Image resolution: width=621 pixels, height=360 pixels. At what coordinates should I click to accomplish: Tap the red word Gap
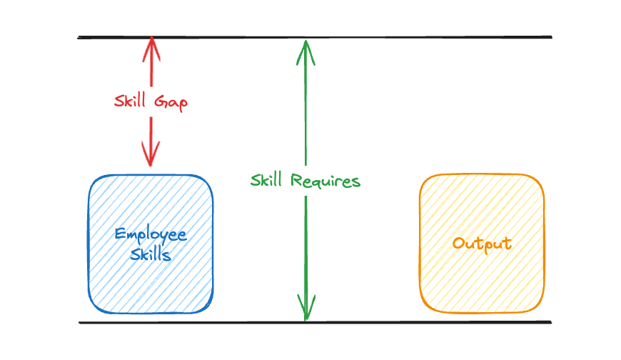[171, 103]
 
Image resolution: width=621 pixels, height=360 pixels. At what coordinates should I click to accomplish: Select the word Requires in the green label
[325, 181]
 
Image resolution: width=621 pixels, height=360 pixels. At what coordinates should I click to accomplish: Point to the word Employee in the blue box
[151, 235]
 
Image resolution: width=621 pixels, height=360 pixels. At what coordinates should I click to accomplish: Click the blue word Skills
[151, 254]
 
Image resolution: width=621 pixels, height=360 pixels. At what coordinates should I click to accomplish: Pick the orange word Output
[482, 244]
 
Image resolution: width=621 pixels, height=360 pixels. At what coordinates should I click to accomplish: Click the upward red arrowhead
[151, 49]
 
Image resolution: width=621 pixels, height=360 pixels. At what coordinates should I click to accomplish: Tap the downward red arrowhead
[151, 154]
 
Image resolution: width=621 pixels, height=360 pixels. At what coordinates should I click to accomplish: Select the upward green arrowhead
[306, 52]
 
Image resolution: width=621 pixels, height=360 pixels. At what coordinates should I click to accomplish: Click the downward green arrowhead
[306, 308]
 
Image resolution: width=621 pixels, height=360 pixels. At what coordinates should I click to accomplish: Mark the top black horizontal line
[315, 37]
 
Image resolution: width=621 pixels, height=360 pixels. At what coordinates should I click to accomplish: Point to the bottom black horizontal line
[315, 322]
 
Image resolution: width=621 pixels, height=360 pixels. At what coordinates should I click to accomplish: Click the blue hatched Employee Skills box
[151, 244]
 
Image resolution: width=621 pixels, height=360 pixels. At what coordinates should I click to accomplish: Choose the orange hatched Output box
[482, 243]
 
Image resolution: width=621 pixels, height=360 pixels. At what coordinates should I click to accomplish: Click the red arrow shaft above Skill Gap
[151, 61]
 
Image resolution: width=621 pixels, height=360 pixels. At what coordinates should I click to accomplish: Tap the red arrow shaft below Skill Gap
[151, 141]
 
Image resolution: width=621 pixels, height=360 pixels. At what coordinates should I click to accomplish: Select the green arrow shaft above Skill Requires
[306, 102]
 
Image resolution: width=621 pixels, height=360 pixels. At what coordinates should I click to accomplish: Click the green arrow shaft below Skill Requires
[306, 258]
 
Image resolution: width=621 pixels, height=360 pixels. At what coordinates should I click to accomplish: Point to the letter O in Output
[459, 243]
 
